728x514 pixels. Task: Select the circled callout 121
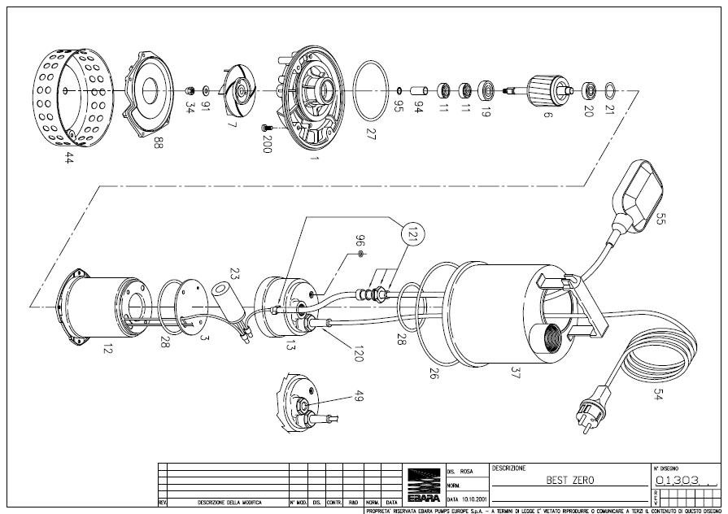[413, 235]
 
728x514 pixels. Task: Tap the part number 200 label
[267, 145]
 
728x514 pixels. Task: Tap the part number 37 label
[515, 372]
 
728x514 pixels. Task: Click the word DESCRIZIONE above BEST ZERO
[509, 468]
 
